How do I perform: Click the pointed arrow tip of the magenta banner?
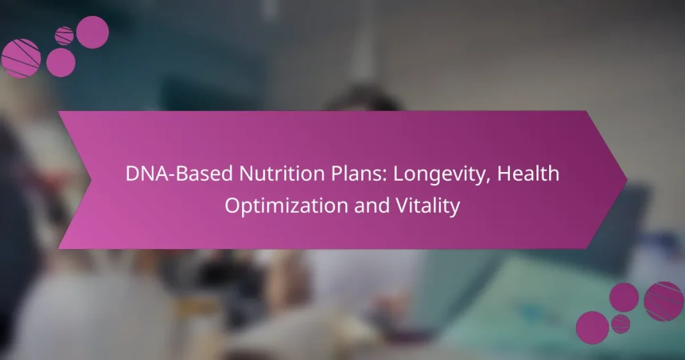625,179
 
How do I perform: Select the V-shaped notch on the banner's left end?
90,179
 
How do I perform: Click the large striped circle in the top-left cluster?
21,58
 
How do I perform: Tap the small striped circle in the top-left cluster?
64,35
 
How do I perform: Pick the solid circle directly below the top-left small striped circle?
61,62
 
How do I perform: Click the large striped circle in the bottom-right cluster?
663,300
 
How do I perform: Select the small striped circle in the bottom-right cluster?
621,323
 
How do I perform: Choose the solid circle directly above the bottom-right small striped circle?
623,296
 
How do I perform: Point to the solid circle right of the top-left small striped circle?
92,31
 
